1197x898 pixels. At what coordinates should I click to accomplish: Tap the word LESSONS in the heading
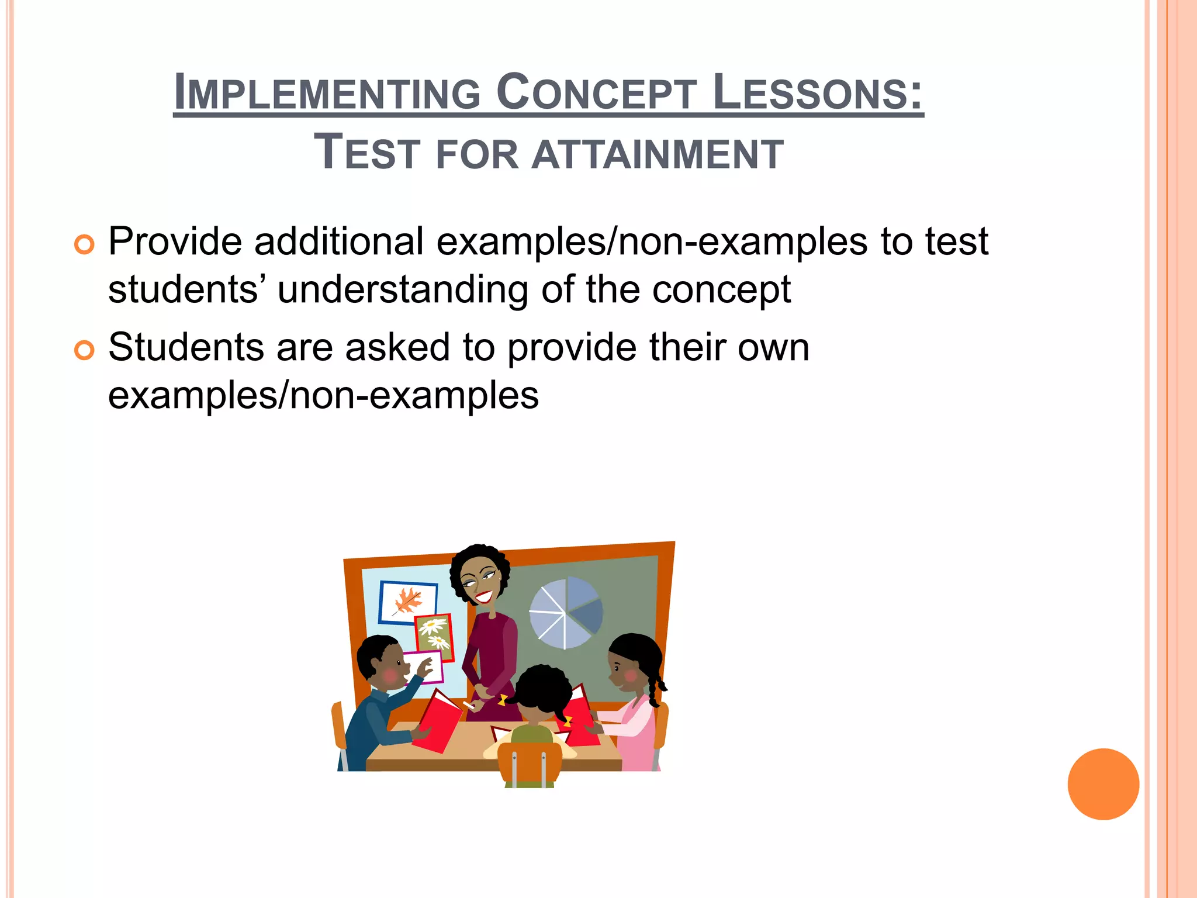coord(817,92)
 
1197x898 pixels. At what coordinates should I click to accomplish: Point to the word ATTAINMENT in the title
coord(658,154)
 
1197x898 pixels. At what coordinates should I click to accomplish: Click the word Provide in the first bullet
coord(175,241)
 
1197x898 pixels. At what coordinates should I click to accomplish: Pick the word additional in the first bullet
coord(338,241)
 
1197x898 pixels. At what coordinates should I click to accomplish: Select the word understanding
coord(403,290)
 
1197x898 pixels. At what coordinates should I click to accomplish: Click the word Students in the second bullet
coord(185,347)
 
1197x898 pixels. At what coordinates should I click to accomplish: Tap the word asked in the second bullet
coord(397,347)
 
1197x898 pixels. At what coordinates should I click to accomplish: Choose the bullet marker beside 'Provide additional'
coord(84,244)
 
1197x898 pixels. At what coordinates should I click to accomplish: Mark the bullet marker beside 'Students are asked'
coord(84,350)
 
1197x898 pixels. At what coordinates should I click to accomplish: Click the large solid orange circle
coord(1103,784)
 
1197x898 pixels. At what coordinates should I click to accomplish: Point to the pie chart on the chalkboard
coord(565,613)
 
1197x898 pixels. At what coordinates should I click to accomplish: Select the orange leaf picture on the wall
coord(408,603)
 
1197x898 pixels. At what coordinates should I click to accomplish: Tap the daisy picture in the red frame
coord(435,636)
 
